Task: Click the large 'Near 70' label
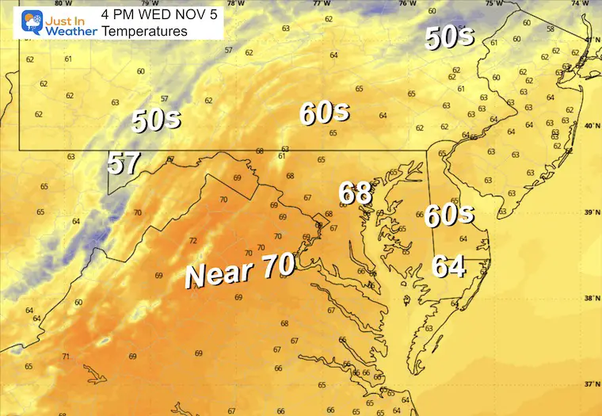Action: [x=239, y=273]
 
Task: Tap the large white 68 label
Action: [x=356, y=193]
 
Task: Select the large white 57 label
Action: [x=124, y=163]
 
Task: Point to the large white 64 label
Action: [x=448, y=266]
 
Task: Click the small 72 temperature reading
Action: [x=192, y=241]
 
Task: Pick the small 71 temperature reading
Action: [x=65, y=356]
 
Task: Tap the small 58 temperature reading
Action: [x=551, y=29]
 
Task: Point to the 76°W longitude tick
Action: [x=408, y=3]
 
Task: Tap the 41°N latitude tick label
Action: [x=590, y=40]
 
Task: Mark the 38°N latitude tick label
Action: [x=590, y=299]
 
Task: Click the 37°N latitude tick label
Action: [x=590, y=384]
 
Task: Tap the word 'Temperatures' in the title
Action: [x=145, y=31]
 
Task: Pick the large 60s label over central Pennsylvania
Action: [x=324, y=113]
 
